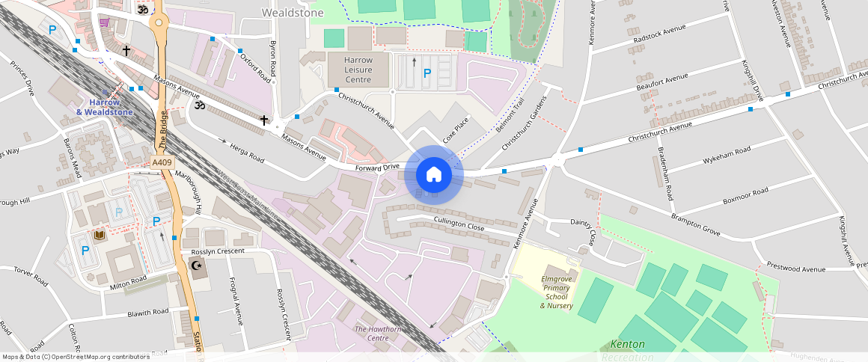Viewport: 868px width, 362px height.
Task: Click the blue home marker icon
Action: point(433,175)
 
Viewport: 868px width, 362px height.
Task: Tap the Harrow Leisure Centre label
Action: point(358,70)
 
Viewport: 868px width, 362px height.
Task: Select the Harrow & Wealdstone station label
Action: point(105,107)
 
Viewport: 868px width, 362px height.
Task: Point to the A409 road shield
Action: point(161,162)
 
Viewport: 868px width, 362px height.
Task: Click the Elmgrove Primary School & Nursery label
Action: point(557,292)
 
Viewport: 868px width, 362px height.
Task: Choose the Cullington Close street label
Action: point(459,223)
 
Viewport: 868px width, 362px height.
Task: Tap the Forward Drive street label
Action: point(379,168)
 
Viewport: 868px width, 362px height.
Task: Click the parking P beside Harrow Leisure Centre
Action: point(427,73)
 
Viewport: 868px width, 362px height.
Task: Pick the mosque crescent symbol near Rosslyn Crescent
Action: point(198,266)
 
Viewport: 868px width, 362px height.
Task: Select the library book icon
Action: point(98,236)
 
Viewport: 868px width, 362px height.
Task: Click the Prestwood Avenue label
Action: point(796,269)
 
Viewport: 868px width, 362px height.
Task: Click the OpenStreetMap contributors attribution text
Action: point(76,357)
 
